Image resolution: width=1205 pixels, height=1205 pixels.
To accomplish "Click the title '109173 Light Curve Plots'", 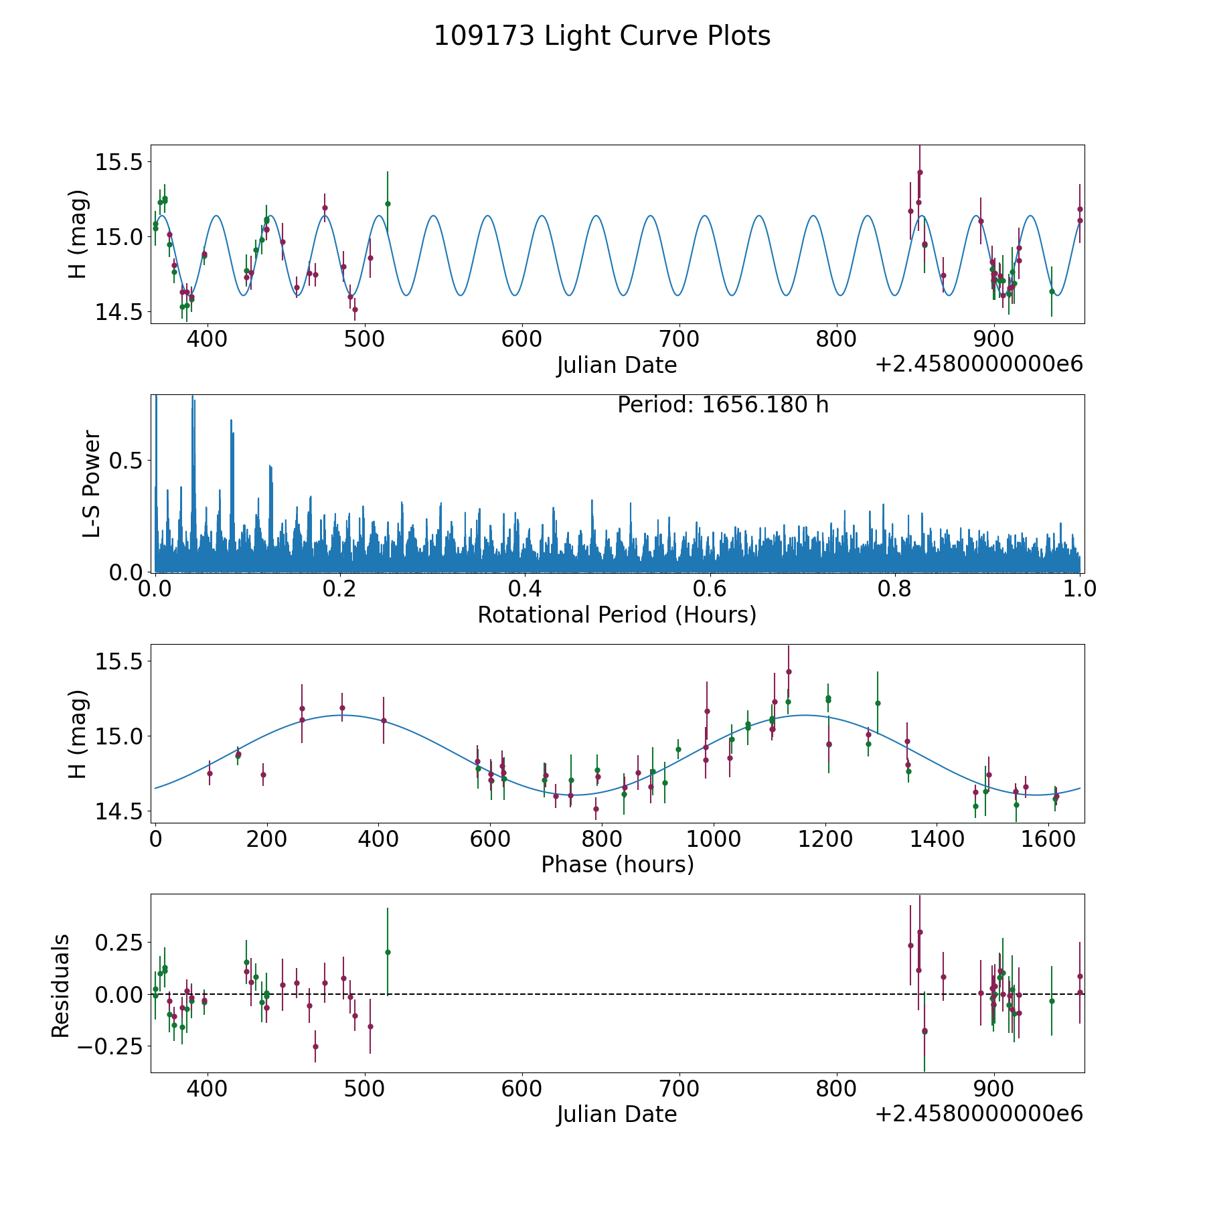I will coord(602,36).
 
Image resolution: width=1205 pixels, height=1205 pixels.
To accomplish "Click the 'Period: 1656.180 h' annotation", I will coord(722,405).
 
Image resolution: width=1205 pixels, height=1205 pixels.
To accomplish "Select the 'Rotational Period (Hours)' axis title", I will coord(617,615).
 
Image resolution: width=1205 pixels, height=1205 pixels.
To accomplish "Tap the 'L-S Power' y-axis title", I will coord(92,483).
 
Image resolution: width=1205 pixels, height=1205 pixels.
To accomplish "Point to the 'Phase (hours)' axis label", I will coord(617,864).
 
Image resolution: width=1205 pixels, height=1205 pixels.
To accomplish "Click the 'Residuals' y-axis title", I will coord(61,985).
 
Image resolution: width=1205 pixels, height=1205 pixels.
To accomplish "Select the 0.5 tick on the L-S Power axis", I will coord(128,461).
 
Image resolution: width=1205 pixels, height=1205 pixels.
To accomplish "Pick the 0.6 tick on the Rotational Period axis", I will coord(710,589).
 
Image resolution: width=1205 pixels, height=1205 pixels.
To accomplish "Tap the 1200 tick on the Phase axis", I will coord(825,839).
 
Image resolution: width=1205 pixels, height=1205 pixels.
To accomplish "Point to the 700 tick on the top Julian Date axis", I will coord(679,339).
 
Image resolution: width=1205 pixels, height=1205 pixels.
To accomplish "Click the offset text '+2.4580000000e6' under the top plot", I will coord(979,365).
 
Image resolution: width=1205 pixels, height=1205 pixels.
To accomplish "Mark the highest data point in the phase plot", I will coord(789,671).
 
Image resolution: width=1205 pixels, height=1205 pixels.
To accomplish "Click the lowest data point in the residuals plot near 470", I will coord(315,1046).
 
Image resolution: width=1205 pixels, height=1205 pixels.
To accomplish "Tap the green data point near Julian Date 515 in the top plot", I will coord(388,204).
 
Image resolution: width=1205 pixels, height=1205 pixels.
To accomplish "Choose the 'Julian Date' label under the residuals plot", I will coord(617,1115).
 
